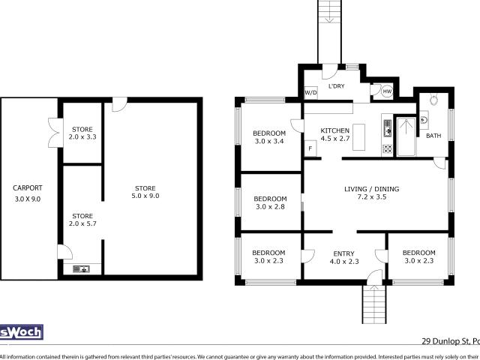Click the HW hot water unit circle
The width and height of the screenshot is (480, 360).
[x=387, y=91]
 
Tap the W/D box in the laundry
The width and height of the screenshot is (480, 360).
[x=310, y=92]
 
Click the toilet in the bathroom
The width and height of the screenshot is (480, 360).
[x=433, y=100]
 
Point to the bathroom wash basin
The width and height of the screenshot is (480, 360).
[x=424, y=118]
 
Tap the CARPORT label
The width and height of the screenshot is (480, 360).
[x=28, y=188]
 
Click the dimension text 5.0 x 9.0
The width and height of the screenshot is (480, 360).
[x=146, y=196]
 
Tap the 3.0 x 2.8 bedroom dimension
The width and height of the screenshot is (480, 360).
[x=271, y=207]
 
